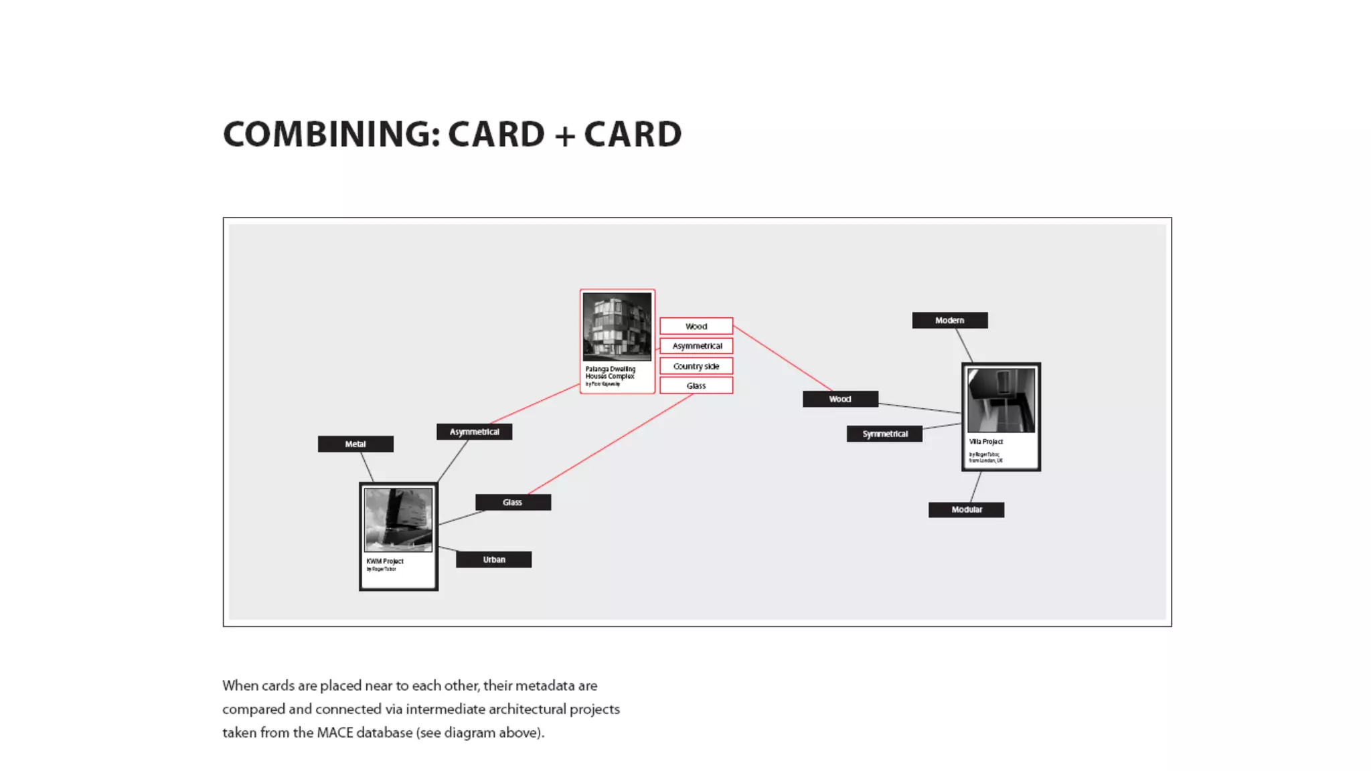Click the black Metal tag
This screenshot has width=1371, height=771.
(355, 444)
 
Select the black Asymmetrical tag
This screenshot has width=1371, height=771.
(474, 432)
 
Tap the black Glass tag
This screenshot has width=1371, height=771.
(513, 502)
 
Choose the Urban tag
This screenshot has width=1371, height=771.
(494, 560)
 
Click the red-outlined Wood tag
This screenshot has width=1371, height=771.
(696, 326)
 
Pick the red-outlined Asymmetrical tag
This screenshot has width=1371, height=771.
(696, 346)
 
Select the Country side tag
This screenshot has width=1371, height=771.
(696, 366)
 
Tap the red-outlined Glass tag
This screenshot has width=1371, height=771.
(696, 385)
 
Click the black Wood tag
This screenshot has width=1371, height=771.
(840, 399)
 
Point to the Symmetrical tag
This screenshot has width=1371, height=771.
(884, 434)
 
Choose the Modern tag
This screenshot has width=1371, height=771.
(949, 320)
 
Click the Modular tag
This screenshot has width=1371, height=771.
(966, 509)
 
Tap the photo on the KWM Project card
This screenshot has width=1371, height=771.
(398, 519)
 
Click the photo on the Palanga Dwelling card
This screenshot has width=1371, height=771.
(617, 327)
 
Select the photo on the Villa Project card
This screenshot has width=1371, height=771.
(1001, 400)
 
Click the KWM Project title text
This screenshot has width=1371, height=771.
(385, 561)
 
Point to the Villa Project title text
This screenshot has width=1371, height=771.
(986, 442)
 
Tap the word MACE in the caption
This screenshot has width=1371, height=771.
(335, 732)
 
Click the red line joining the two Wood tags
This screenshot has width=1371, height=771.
(783, 358)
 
